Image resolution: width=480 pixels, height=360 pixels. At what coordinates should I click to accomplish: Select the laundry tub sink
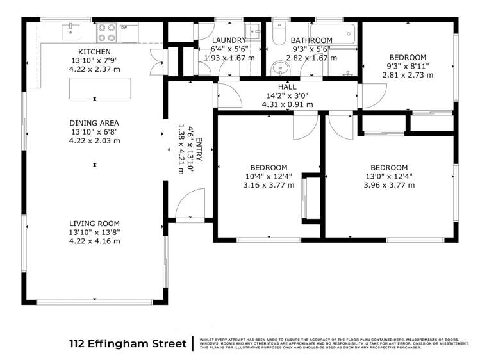click(x=253, y=31)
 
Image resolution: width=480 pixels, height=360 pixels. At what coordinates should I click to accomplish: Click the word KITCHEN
click(x=95, y=52)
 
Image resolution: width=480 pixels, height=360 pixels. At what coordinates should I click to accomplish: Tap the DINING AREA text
click(x=95, y=123)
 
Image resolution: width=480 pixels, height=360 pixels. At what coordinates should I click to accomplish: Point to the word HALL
click(x=287, y=86)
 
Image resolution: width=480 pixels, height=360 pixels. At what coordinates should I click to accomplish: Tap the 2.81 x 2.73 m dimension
click(x=408, y=75)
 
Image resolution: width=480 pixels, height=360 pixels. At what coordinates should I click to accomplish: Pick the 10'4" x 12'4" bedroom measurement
click(x=269, y=176)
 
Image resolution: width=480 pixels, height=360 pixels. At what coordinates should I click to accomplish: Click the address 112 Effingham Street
click(x=128, y=344)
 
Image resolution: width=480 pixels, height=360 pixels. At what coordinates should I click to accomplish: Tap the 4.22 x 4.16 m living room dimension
click(x=95, y=241)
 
